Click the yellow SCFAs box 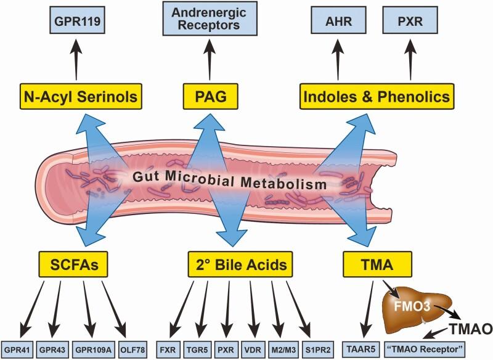coord(70,266)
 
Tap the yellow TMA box coord(377,266)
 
